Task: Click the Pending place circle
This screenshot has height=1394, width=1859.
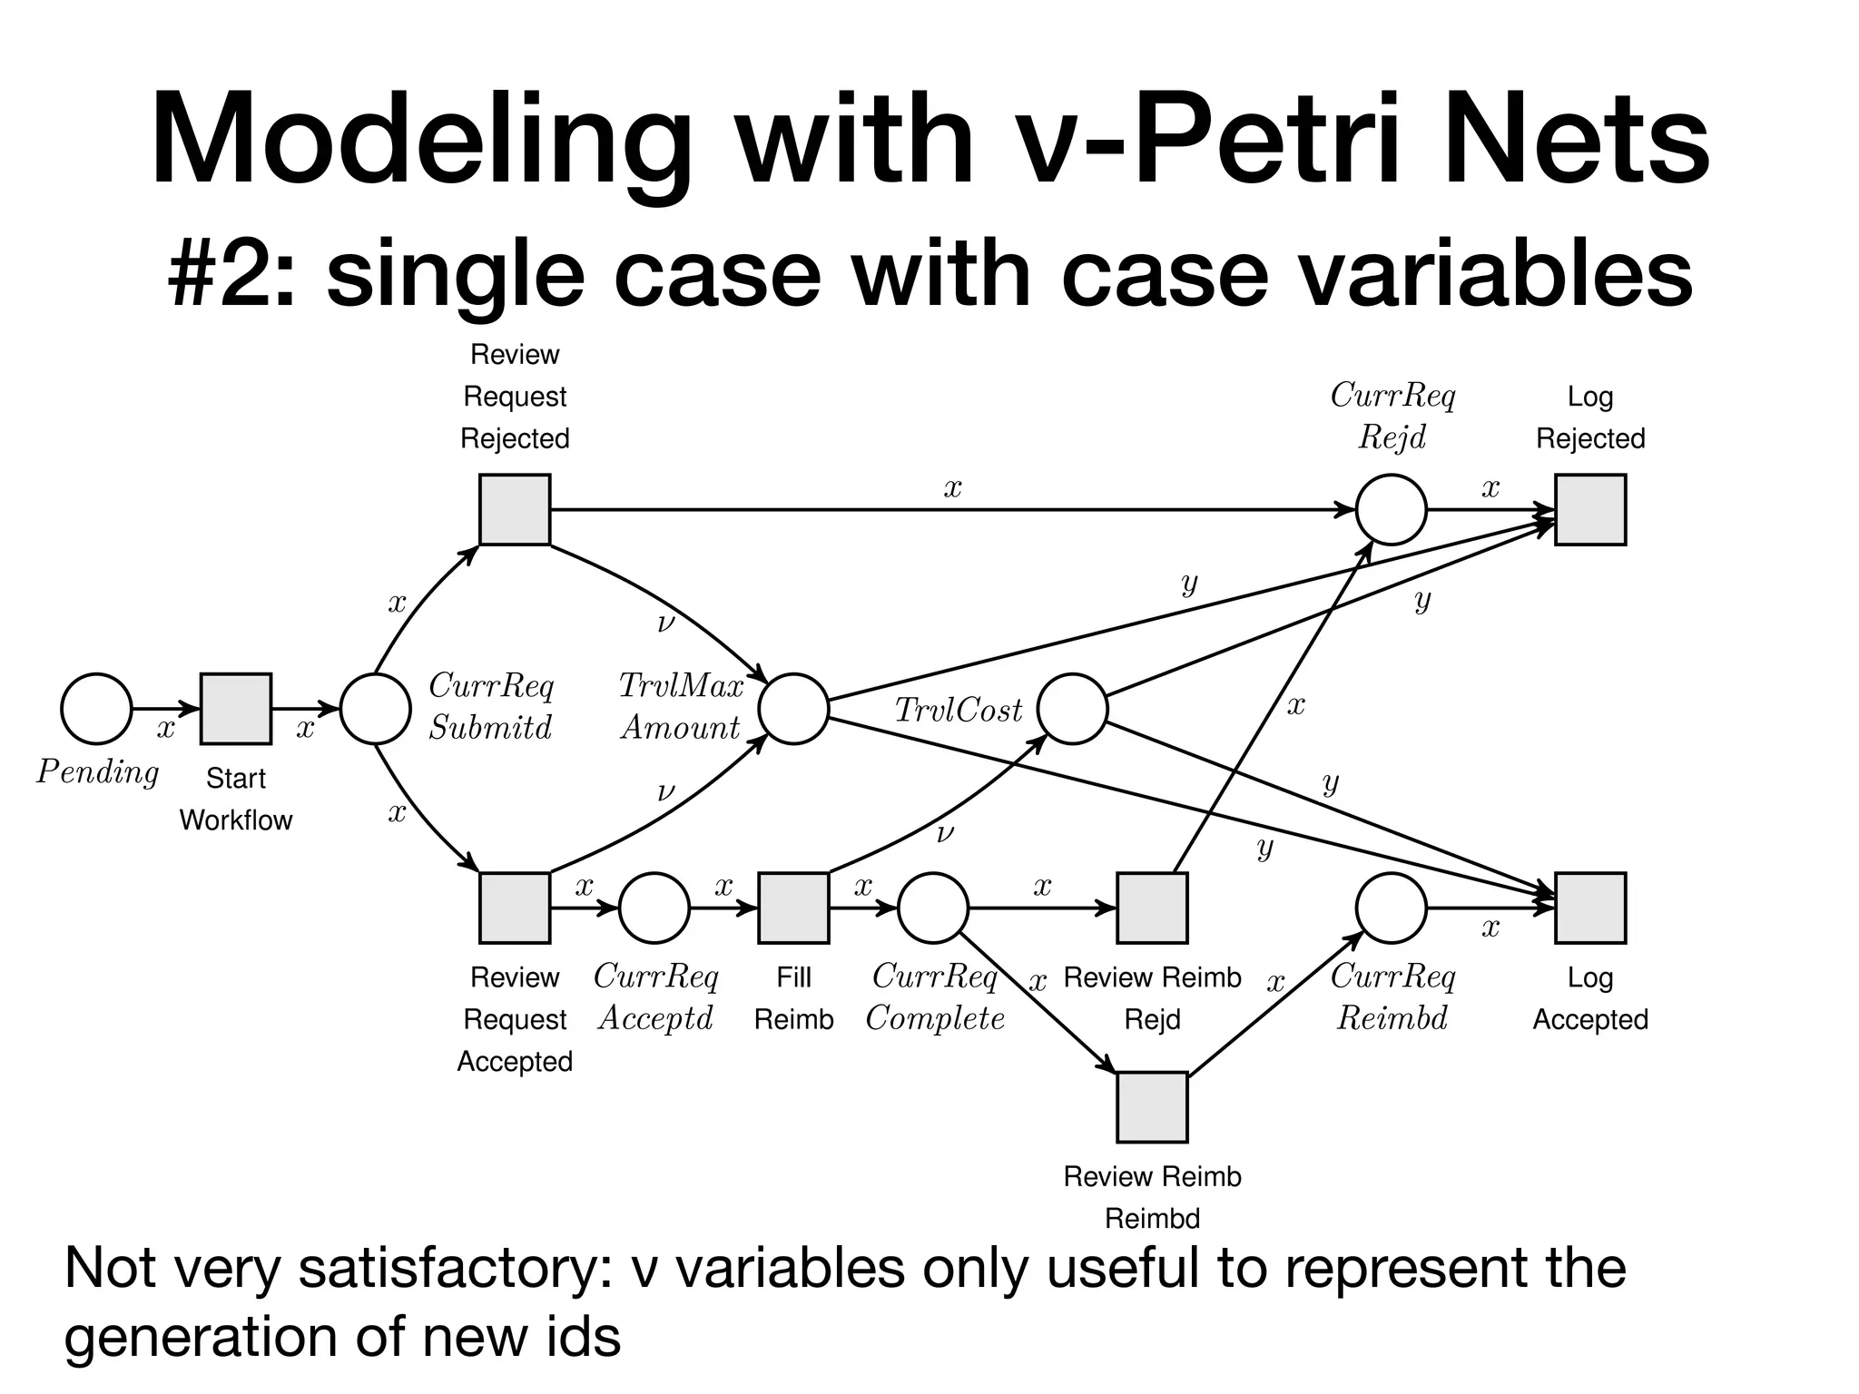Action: click(x=96, y=709)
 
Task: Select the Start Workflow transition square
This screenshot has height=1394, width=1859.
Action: click(x=236, y=709)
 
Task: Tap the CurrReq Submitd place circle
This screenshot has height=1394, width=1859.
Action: click(x=376, y=709)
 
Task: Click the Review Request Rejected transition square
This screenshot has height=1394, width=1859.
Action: click(x=515, y=510)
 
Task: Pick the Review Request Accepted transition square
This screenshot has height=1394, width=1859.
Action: click(x=515, y=908)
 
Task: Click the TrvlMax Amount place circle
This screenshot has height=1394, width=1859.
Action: click(x=793, y=709)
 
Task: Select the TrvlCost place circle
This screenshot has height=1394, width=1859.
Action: click(x=1072, y=709)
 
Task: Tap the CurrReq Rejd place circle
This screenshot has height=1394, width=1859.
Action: click(x=1391, y=510)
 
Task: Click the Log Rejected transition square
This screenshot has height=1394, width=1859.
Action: click(x=1590, y=510)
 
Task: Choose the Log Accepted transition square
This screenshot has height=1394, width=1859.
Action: click(x=1590, y=908)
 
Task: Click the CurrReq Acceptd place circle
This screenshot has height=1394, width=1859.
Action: click(x=654, y=908)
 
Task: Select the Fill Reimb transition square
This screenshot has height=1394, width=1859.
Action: click(x=793, y=908)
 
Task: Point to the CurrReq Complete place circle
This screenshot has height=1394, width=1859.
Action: click(x=933, y=908)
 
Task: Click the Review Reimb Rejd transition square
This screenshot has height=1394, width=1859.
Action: click(x=1152, y=908)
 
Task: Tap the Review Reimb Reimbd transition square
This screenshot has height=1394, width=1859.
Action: click(x=1152, y=1107)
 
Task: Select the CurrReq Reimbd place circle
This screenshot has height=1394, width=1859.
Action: click(x=1391, y=908)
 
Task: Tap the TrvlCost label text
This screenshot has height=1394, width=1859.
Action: click(x=959, y=711)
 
